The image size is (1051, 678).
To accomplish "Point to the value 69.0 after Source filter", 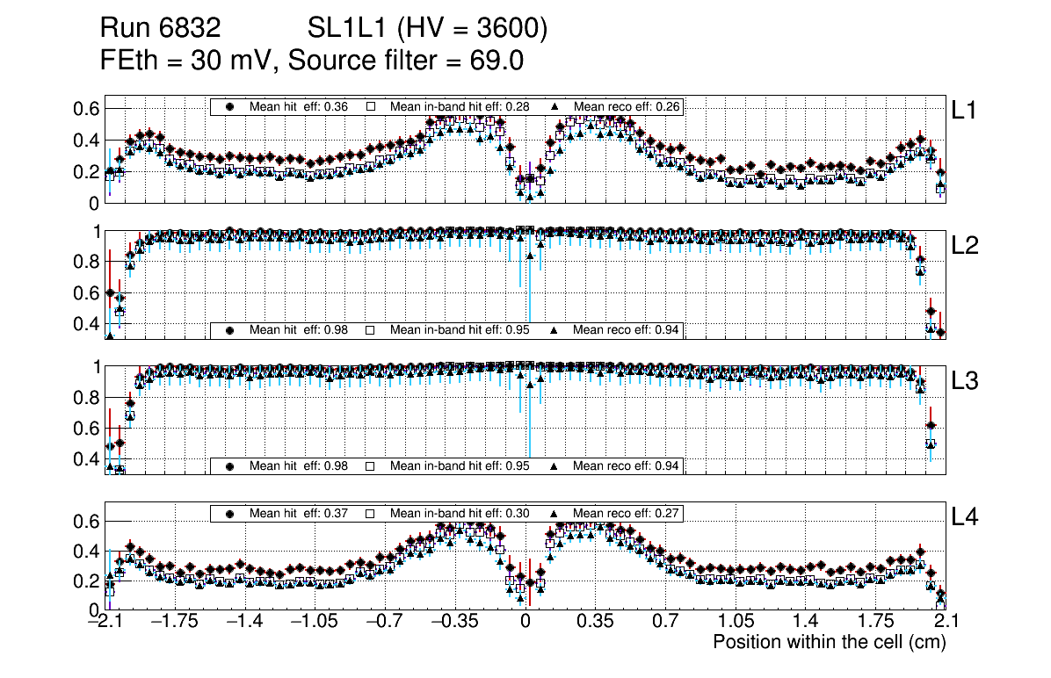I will [x=498, y=61].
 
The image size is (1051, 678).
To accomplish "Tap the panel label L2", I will [x=965, y=246].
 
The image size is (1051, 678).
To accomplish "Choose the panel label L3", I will [x=965, y=381].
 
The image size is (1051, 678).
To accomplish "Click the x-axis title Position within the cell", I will [x=829, y=642].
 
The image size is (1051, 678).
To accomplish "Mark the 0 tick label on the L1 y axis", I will [x=93, y=203].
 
